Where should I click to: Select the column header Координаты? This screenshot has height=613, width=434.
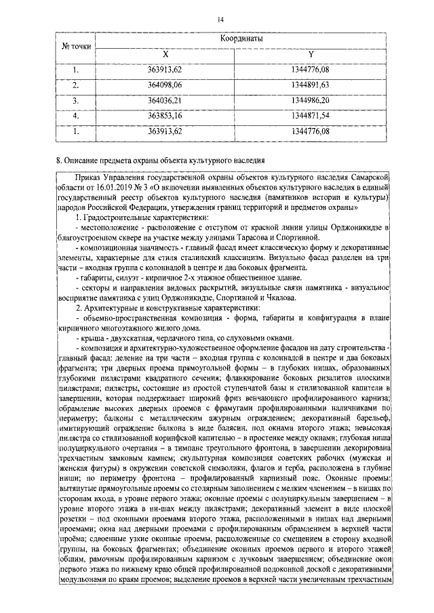coord(242,39)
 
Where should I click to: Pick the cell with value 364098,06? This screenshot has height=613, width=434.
coord(165,85)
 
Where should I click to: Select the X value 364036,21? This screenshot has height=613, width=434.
coord(165,100)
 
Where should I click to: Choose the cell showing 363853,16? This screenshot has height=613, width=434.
coord(165,116)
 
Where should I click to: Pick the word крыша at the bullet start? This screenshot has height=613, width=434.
coord(93,337)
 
